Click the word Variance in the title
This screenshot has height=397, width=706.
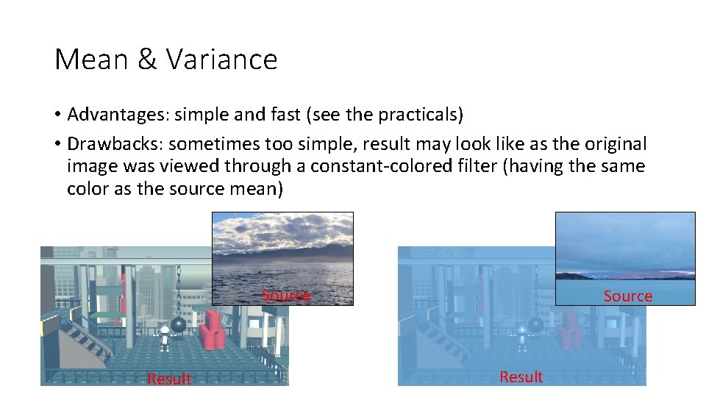(221, 59)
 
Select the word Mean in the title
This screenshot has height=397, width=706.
(92, 59)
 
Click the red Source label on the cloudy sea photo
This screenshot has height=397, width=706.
(286, 296)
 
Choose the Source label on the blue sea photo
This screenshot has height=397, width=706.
(627, 296)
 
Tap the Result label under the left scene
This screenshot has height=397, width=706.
(169, 379)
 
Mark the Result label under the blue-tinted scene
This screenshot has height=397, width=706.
(521, 376)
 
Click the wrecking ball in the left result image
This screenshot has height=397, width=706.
(179, 325)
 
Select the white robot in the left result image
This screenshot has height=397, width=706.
(165, 334)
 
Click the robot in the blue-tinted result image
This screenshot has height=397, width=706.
(522, 334)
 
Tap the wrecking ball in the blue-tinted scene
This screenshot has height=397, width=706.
(536, 325)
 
